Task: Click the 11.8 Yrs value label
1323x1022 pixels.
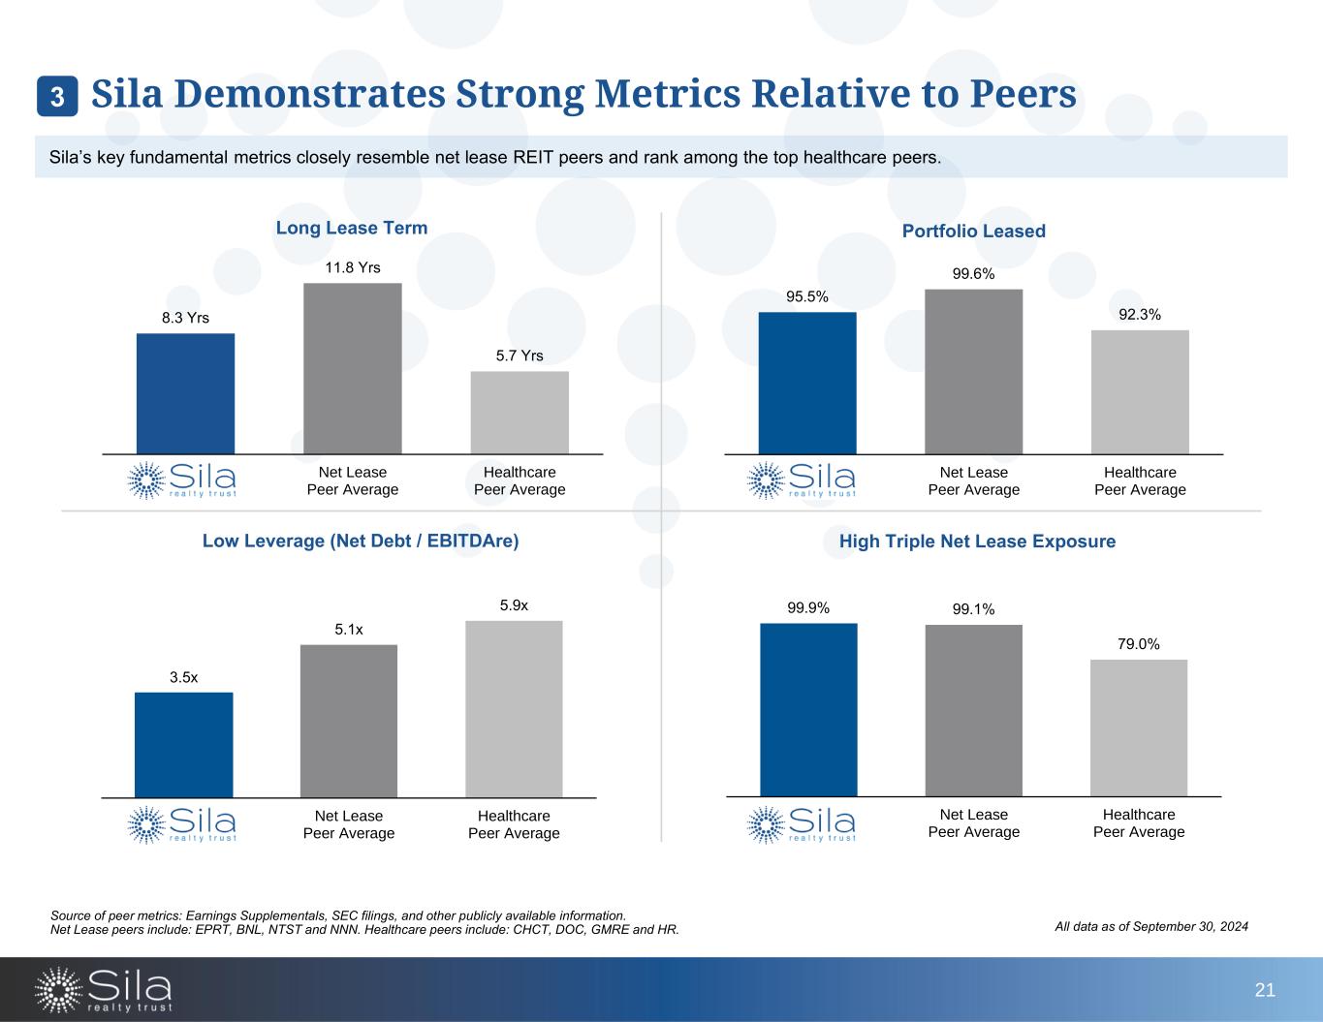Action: [352, 267]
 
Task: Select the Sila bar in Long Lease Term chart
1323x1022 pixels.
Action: [185, 393]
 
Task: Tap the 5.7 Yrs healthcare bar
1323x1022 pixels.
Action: [520, 413]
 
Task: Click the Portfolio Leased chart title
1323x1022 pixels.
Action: [973, 232]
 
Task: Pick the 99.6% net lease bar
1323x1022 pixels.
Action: [973, 371]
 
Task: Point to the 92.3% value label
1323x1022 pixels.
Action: [1139, 314]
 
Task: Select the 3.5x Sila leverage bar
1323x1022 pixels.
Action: [183, 744]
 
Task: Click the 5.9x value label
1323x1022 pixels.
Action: [514, 605]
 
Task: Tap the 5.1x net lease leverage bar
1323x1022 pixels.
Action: [349, 721]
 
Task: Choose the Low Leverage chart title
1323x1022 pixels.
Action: [361, 542]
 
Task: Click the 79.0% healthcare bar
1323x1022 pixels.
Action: [1138, 728]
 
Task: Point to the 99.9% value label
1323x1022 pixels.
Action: [808, 608]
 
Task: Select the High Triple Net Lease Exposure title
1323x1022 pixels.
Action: [977, 542]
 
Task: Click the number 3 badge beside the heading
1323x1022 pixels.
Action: [57, 97]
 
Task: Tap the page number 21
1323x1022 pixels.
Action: [1264, 990]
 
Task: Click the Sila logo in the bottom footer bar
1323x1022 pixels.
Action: [104, 989]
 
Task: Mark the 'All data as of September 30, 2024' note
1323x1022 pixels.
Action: [1150, 927]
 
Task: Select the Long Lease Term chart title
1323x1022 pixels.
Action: [352, 228]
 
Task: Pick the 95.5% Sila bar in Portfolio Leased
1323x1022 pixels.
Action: [807, 383]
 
